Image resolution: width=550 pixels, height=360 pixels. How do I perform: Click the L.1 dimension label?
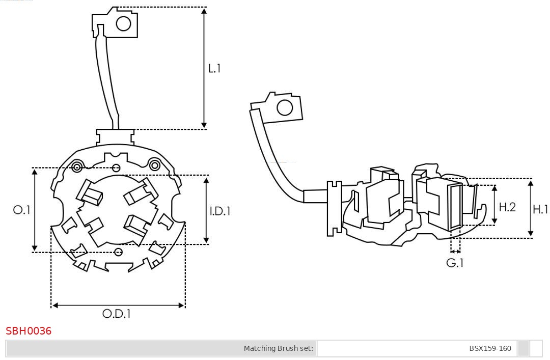click(x=214, y=68)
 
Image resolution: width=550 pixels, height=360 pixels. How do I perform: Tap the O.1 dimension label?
click(x=22, y=210)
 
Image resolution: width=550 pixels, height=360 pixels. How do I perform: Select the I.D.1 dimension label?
click(x=220, y=210)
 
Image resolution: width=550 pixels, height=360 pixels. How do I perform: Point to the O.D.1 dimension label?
click(x=117, y=314)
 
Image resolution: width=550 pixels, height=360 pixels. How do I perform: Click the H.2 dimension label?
click(x=507, y=207)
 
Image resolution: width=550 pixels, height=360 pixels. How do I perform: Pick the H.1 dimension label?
click(x=540, y=209)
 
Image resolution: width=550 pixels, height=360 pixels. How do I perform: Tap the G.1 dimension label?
click(x=455, y=263)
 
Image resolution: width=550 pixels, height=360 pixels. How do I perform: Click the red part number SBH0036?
click(x=29, y=331)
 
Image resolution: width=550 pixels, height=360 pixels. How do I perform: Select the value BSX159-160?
click(x=490, y=348)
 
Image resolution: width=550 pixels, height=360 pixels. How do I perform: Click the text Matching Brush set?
click(x=279, y=348)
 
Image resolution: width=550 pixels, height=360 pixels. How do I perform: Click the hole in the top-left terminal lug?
click(x=123, y=23)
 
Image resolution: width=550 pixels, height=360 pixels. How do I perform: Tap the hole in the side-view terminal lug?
click(x=284, y=108)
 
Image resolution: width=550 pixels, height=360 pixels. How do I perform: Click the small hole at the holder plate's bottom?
click(x=119, y=252)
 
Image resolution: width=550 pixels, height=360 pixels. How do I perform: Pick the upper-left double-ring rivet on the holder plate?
click(x=77, y=167)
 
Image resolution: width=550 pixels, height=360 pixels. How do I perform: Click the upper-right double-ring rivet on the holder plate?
click(x=154, y=164)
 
